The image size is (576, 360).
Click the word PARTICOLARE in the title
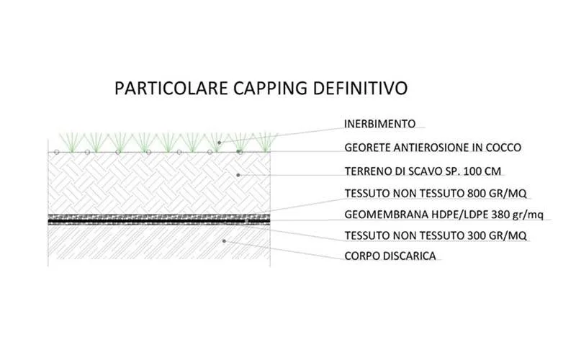(x=171, y=88)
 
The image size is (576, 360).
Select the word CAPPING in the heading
(x=270, y=89)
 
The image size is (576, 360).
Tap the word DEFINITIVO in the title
(x=360, y=88)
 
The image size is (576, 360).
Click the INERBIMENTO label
(x=380, y=124)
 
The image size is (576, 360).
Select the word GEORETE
(x=367, y=148)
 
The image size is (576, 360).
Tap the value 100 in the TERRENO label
(x=473, y=171)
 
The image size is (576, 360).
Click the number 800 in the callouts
(x=477, y=193)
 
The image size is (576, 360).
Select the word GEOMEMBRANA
(x=382, y=214)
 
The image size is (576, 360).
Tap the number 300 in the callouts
(x=477, y=235)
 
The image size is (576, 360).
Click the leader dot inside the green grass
(x=220, y=142)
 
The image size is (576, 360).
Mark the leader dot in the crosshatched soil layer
(x=238, y=175)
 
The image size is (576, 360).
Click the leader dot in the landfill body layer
(x=224, y=241)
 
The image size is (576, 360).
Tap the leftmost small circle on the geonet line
(x=57, y=152)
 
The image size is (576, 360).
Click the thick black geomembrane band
(x=159, y=222)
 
